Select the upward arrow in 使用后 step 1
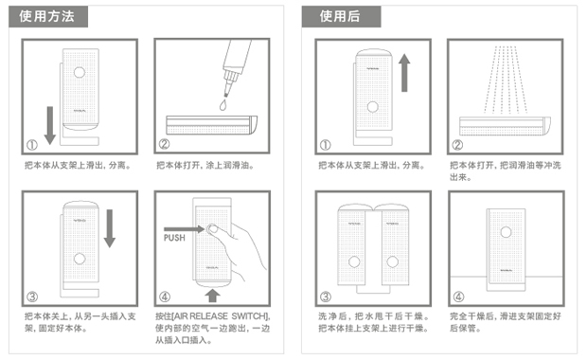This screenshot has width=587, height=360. click(x=405, y=74)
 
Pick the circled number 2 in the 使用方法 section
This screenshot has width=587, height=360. click(x=164, y=145)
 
